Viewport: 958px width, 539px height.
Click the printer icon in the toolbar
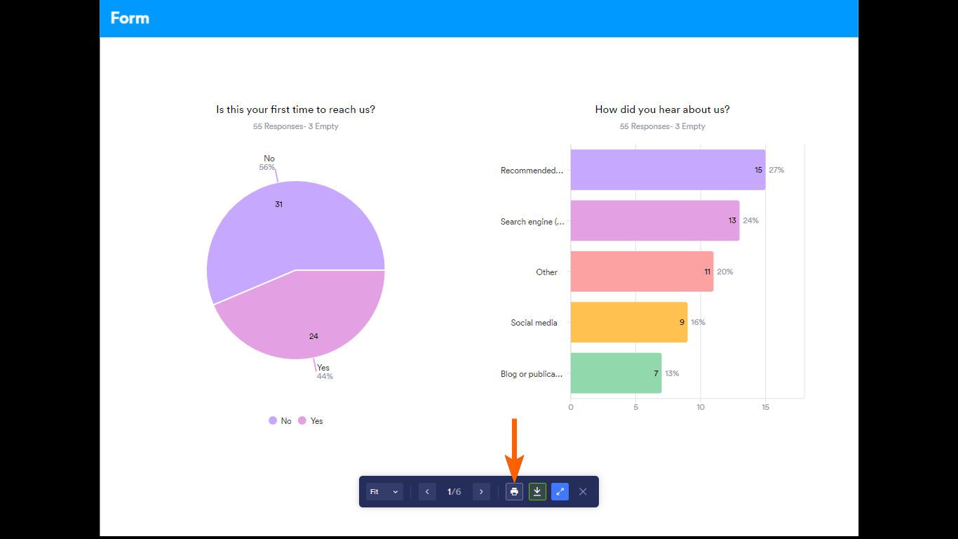(514, 491)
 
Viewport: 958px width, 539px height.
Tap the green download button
(537, 491)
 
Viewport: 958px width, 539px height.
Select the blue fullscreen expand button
(560, 491)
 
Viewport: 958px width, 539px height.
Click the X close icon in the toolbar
(583, 491)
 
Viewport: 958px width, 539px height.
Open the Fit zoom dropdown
(384, 491)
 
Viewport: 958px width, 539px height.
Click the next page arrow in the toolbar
(481, 491)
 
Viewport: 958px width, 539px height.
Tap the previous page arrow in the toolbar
(427, 491)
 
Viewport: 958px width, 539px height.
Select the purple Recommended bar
(667, 170)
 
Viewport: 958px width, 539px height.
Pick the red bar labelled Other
(641, 272)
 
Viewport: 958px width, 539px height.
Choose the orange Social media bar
(628, 322)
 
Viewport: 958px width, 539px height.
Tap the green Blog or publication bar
(615, 373)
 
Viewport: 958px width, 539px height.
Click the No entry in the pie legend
(280, 420)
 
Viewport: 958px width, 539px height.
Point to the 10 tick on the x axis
(701, 407)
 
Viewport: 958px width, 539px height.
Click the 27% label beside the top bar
(776, 170)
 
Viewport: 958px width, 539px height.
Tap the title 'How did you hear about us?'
(662, 109)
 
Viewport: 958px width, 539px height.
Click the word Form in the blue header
(130, 18)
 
